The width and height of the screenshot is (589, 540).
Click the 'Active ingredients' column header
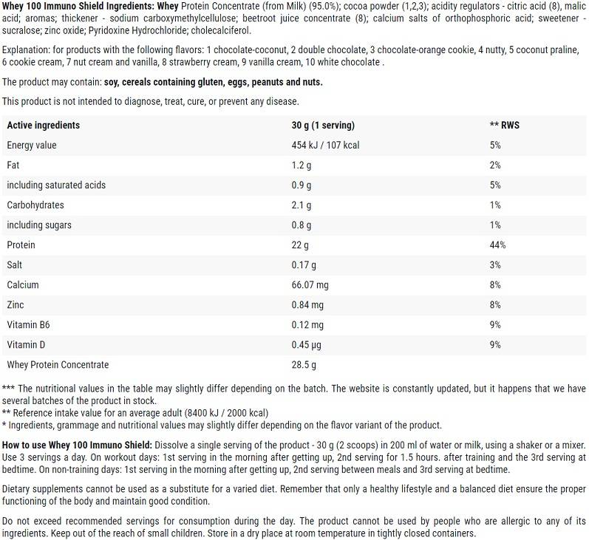pyautogui.click(x=43, y=125)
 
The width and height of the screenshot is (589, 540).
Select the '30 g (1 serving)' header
pyautogui.click(x=323, y=125)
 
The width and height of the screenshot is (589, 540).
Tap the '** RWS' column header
pyautogui.click(x=504, y=125)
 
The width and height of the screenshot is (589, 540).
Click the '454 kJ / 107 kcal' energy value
pyautogui.click(x=325, y=145)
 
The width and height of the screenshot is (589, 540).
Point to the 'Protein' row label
pyautogui.click(x=21, y=245)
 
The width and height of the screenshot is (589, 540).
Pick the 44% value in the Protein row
pyautogui.click(x=497, y=245)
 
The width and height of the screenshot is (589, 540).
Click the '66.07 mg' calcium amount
pyautogui.click(x=310, y=284)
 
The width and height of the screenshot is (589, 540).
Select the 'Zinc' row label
pyautogui.click(x=16, y=304)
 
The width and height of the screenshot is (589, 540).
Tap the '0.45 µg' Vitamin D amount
pyautogui.click(x=307, y=344)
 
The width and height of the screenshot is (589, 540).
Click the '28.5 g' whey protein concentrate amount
pyautogui.click(x=304, y=364)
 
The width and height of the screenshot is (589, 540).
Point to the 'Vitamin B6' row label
pyautogui.click(x=28, y=324)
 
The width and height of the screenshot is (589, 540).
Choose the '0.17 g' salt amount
pyautogui.click(x=304, y=264)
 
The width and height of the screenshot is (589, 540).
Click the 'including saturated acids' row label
pyautogui.click(x=56, y=185)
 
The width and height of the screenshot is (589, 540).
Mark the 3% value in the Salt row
pyautogui.click(x=495, y=264)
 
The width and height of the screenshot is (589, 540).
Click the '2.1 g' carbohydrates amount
pyautogui.click(x=302, y=205)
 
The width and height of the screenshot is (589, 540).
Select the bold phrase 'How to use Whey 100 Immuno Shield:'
pyautogui.click(x=78, y=444)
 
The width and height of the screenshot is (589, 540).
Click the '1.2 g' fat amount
pyautogui.click(x=302, y=165)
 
